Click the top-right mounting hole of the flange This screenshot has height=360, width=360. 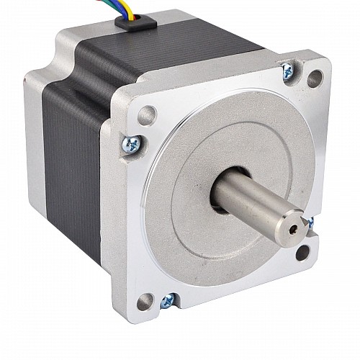314,78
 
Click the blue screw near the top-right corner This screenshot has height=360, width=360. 287,70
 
